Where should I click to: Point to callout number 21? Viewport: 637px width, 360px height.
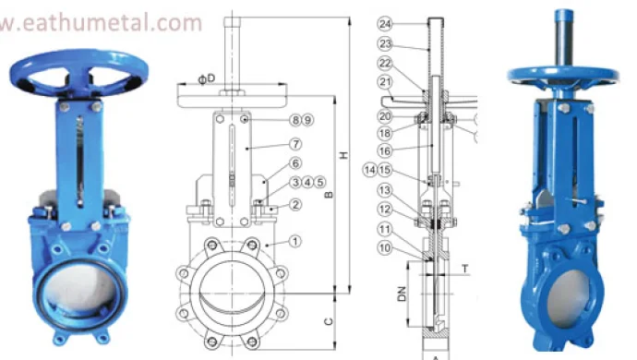(386, 82)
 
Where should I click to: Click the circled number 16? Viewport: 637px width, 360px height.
(386, 149)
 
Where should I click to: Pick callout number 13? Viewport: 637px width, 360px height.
(386, 189)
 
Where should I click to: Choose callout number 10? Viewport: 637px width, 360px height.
(386, 247)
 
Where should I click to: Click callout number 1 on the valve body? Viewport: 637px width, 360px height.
(295, 241)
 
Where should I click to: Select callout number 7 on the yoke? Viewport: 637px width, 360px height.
(295, 144)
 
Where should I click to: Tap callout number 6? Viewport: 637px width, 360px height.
(295, 163)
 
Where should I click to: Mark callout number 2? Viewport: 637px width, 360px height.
(295, 204)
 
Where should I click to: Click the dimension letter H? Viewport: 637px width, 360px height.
(343, 156)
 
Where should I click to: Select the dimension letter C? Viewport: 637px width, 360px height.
(330, 322)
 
